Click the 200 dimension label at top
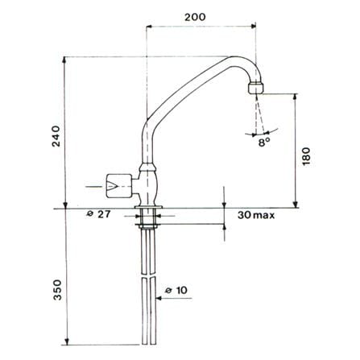195,17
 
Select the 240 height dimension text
56,136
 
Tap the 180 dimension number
306,156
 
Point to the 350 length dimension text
57,290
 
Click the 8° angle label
264,143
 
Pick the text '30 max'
256,215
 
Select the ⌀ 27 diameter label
98,214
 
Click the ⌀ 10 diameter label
176,290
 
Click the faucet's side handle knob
118,186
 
